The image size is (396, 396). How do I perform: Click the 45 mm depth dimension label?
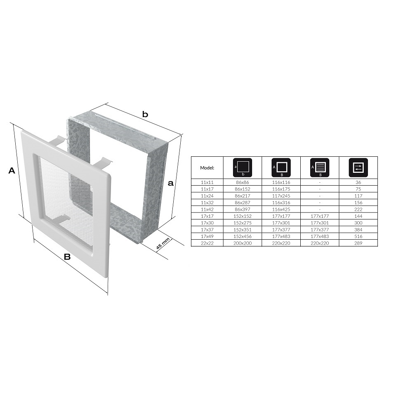(x=163, y=244)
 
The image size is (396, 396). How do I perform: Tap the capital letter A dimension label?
(x=12, y=170)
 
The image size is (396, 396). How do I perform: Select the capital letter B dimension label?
(x=67, y=257)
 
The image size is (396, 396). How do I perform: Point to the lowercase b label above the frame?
(x=145, y=114)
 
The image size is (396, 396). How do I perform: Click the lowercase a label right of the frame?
(x=171, y=183)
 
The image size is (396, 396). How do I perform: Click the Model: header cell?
(x=207, y=168)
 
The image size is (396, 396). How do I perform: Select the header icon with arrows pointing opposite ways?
(x=358, y=167)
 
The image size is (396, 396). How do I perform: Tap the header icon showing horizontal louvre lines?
(x=320, y=167)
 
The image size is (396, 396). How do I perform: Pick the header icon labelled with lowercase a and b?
(x=243, y=167)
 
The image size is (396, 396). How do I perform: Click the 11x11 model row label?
(x=207, y=182)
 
